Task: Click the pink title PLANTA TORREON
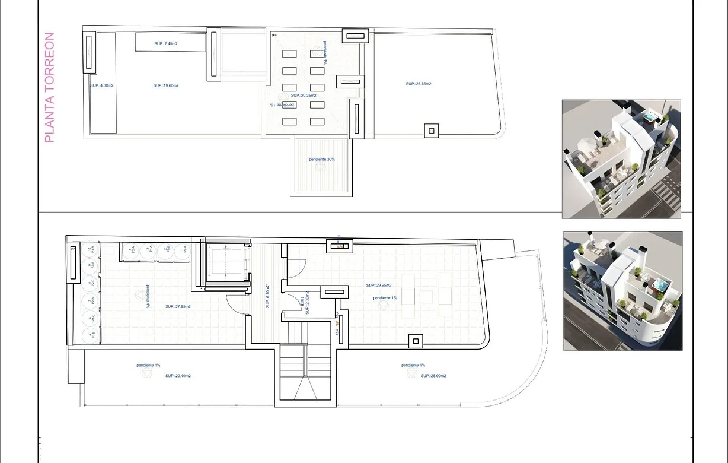[x=50, y=87]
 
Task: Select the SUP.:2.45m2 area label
[x=167, y=43]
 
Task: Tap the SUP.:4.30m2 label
[x=102, y=85]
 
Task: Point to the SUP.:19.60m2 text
[x=166, y=85]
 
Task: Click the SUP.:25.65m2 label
[x=419, y=84]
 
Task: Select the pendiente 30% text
[x=322, y=160]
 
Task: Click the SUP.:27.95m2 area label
[x=178, y=307]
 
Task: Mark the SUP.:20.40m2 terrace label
[x=178, y=376]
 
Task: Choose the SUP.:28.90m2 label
[x=433, y=376]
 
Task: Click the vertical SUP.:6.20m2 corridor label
[x=268, y=296]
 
